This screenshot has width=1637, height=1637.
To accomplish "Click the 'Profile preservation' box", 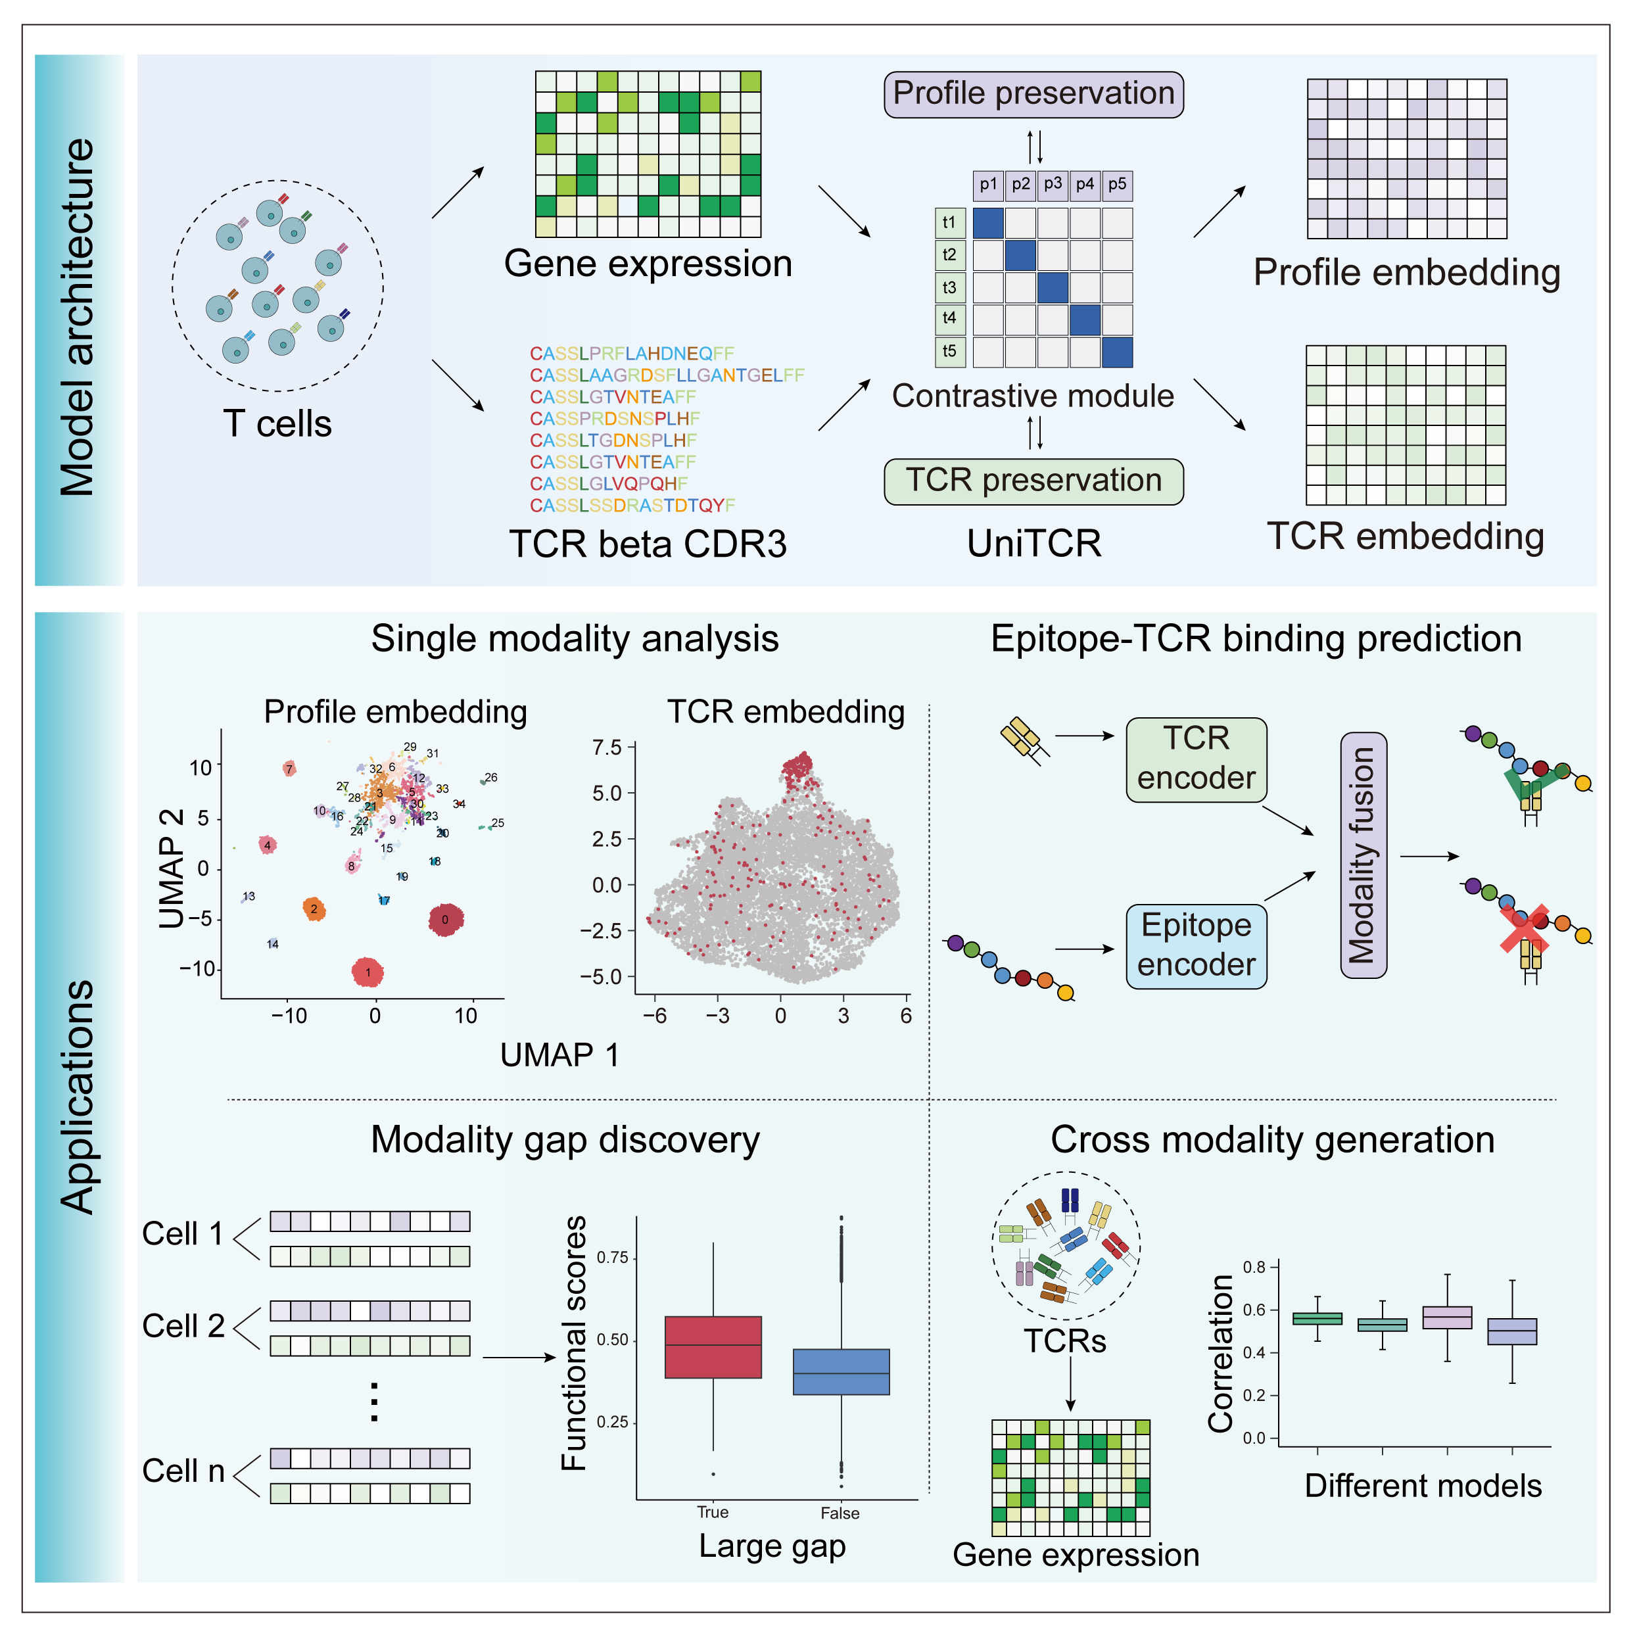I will tap(1033, 94).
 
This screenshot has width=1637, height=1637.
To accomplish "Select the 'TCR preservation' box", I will tap(1033, 481).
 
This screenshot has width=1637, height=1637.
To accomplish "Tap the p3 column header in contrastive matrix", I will tap(1053, 184).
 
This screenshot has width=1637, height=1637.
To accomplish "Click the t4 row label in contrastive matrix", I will tap(949, 319).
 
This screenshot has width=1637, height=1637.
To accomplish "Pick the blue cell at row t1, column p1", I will tap(988, 223).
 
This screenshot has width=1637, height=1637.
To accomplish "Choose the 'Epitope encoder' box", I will tap(1196, 945).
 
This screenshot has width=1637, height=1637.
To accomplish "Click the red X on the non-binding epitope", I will tap(1523, 930).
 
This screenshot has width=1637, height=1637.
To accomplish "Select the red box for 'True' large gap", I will tap(713, 1346).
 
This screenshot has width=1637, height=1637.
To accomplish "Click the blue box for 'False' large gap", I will tap(841, 1371).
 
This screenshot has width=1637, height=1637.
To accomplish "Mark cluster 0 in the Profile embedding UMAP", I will tap(446, 919).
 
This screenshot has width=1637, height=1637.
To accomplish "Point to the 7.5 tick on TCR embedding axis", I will tap(607, 747).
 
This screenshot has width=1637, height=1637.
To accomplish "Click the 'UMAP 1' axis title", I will tap(559, 1055).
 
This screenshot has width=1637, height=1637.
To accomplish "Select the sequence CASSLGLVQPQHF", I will tap(608, 484).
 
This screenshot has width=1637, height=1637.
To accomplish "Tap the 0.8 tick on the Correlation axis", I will tap(1254, 1268).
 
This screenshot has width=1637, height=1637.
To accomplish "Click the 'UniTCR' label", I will tap(1033, 543).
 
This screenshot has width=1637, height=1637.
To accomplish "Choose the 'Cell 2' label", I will tap(183, 1326).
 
